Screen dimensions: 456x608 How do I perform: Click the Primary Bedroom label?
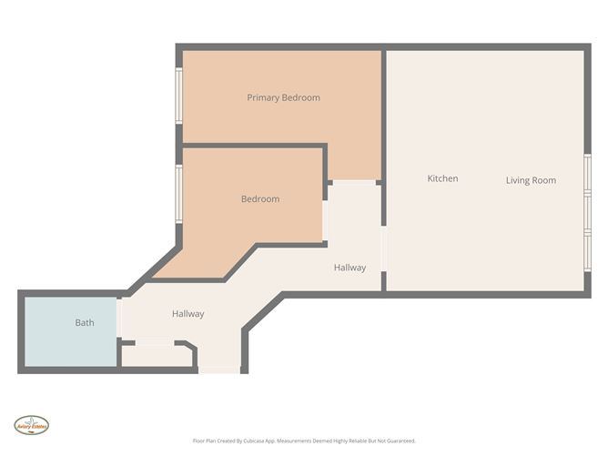pos(283,97)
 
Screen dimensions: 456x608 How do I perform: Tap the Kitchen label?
pos(442,178)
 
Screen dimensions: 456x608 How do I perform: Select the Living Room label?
pos(531,180)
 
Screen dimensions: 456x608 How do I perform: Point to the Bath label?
pos(84,322)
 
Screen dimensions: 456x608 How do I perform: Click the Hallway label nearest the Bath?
pos(187,314)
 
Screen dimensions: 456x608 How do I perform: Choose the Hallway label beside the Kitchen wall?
pos(350,268)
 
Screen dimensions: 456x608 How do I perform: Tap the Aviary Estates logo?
pos(31,424)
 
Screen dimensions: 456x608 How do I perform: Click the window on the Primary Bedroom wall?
pos(179,94)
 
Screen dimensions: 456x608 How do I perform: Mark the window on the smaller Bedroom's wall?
pos(179,192)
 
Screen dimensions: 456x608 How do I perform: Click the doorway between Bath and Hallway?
pos(119,319)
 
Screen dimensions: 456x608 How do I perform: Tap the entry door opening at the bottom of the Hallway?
pos(219,370)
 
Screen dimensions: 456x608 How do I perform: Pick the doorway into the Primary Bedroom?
pos(353,182)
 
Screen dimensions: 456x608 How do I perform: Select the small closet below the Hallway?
pos(155,355)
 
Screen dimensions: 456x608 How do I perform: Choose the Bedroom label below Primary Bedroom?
pos(259,198)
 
